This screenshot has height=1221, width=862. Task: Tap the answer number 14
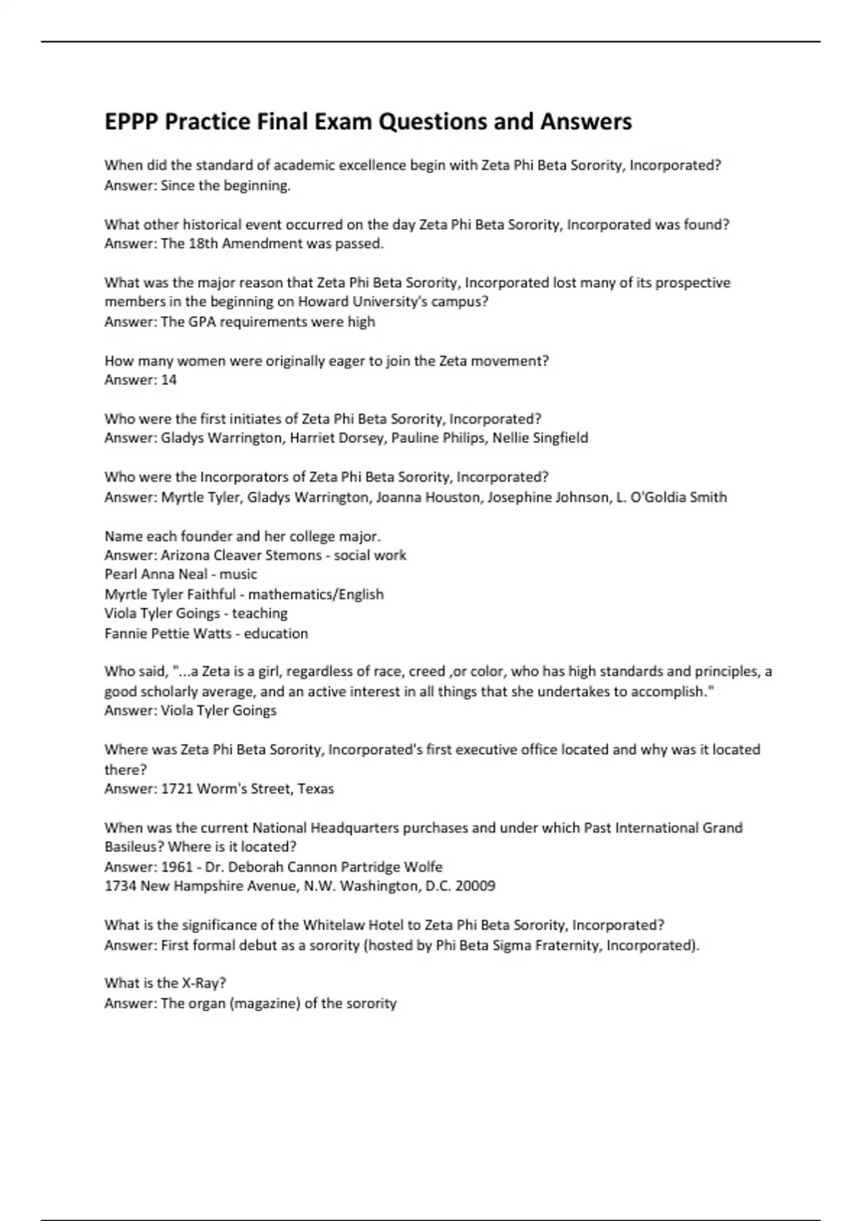click(169, 380)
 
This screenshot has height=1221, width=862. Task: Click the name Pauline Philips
click(438, 438)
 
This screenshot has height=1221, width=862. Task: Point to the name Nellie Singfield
click(540, 438)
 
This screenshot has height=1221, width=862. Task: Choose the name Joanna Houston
click(428, 497)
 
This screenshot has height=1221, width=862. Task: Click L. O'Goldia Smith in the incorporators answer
click(672, 497)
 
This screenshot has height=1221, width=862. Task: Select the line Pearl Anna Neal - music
click(180, 575)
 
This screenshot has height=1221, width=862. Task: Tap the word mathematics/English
click(316, 595)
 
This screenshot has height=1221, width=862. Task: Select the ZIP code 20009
click(476, 886)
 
